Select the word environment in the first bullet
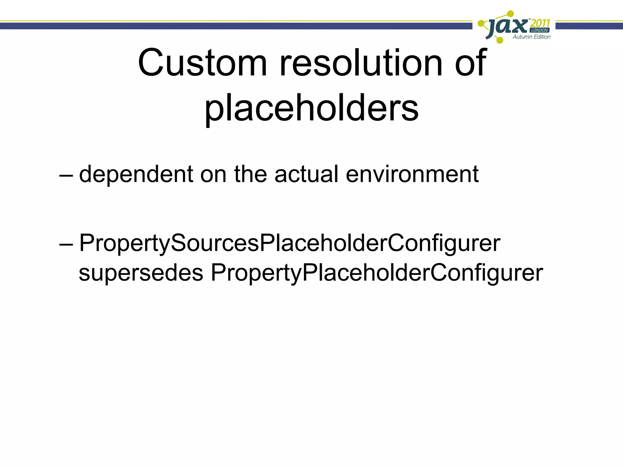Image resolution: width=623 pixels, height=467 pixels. pos(412,174)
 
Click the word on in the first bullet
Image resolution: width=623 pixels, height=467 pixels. pos(213,175)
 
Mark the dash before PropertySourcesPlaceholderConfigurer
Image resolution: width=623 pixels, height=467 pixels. pos(66,244)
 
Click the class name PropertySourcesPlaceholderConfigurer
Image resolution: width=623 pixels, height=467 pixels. pos(290,243)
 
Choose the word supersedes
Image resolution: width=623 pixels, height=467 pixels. pos(141,273)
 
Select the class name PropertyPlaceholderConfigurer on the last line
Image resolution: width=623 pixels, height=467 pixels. pos(377,273)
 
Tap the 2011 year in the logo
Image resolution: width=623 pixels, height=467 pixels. pos(540,23)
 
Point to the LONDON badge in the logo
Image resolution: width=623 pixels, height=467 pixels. pos(540,30)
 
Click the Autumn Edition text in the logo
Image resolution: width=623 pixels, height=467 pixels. pos(531,37)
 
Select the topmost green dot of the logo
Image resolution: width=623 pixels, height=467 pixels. pos(511,14)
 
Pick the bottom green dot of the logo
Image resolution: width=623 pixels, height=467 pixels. pos(499,40)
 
